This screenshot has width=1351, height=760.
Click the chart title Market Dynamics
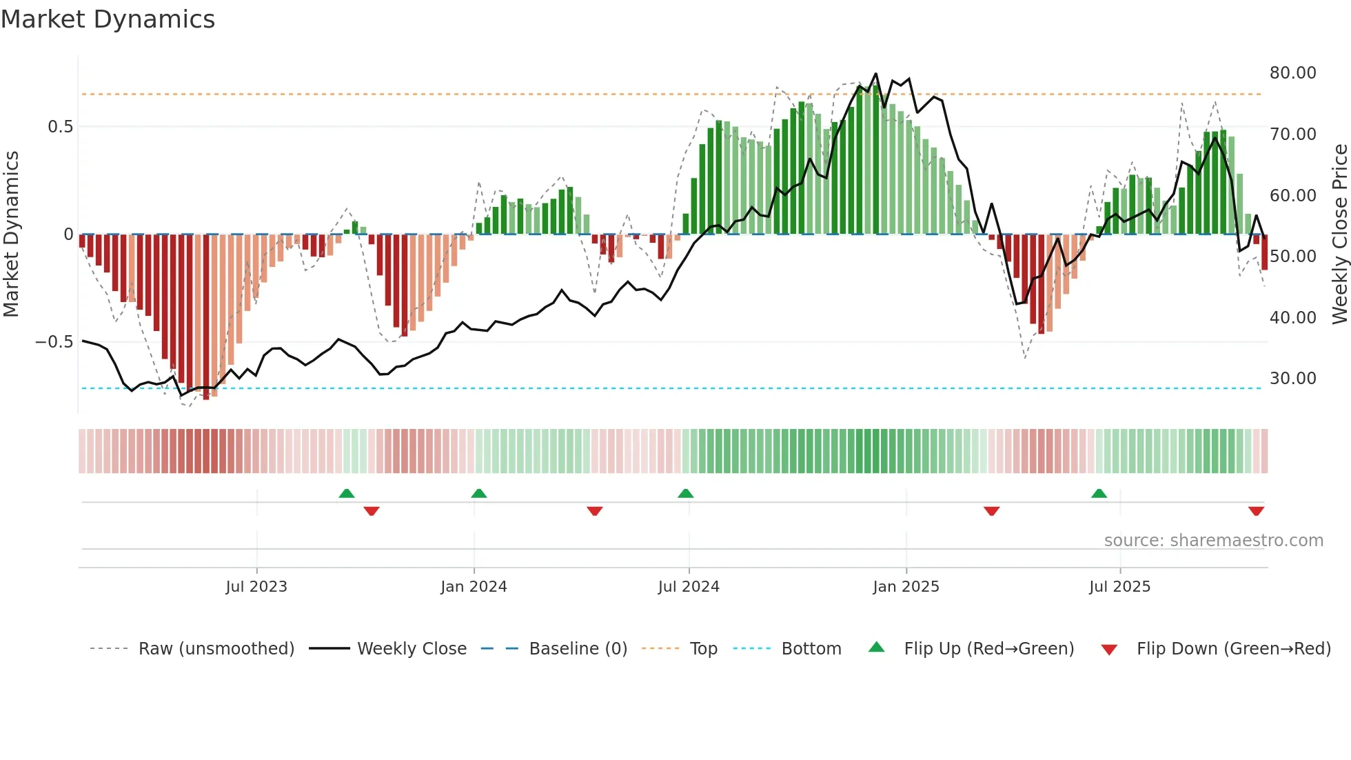[x=108, y=19]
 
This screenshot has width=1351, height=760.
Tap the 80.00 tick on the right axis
[x=1292, y=73]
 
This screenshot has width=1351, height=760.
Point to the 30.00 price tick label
[x=1292, y=379]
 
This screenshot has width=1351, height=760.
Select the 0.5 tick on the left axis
[x=60, y=127]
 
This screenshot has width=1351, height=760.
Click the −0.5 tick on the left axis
[x=54, y=342]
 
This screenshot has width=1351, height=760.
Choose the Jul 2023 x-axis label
[x=256, y=587]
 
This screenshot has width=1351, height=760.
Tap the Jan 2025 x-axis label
[x=906, y=587]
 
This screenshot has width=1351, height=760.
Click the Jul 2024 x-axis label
[x=689, y=587]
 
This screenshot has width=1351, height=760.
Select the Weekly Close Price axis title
[x=1339, y=234]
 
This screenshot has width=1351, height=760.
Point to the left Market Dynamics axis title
[x=11, y=234]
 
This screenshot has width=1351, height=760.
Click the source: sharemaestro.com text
[x=1213, y=541]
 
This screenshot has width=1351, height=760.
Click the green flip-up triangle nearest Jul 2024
[x=685, y=494]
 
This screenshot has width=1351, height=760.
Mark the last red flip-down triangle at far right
[x=1256, y=511]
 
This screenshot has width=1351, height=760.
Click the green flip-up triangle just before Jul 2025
[x=1099, y=494]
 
